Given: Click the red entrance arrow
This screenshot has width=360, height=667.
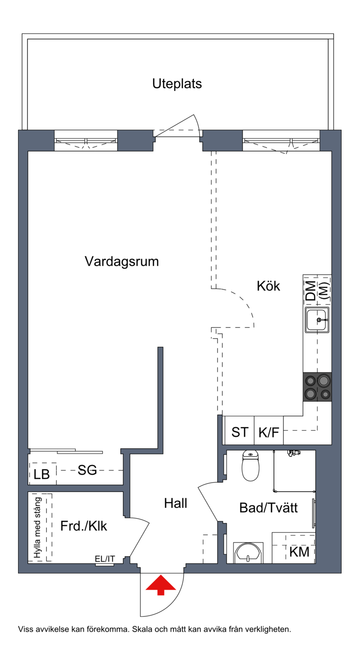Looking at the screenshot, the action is click(161, 585).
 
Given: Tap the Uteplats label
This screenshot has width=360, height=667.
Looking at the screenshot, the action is click(177, 84).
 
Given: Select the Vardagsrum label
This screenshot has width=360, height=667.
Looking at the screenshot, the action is click(121, 261).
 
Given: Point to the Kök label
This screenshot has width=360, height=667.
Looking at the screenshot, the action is click(268, 286).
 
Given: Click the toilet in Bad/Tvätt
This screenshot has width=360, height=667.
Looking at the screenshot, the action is click(251, 465).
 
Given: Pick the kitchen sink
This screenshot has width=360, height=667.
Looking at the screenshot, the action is click(317, 320).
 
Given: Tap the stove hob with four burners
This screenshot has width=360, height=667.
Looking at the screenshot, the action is click(317, 387).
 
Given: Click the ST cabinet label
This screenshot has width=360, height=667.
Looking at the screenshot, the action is click(239, 432).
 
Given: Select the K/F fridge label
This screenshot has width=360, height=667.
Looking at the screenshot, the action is click(269, 432).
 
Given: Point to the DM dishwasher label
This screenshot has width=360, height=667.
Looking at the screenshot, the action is click(311, 291).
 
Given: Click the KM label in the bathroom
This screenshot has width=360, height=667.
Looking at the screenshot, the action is click(299, 552).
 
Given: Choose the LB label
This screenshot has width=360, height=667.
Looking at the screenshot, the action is click(41, 475).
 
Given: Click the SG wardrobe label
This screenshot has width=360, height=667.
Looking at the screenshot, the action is click(87, 470).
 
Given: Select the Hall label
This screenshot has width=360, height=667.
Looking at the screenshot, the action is click(175, 503).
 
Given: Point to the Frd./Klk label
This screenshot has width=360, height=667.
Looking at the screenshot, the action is click(83, 526).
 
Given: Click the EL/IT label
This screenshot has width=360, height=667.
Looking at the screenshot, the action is click(104, 559).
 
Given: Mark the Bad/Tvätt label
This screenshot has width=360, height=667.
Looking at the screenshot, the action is click(269, 508).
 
